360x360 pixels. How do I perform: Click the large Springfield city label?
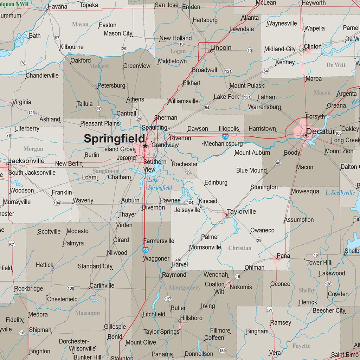pyautogui.click(x=114, y=139)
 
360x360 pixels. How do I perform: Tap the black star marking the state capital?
pyautogui.click(x=145, y=146)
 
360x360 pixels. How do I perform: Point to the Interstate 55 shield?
pyautogui.click(x=146, y=250)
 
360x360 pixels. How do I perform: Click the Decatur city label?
pyautogui.click(x=320, y=131)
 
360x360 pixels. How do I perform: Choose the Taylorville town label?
pyautogui.click(x=241, y=212)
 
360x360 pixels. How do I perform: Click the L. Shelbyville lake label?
pyautogui.click(x=340, y=192)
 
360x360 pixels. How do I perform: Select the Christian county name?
pyautogui.click(x=240, y=248)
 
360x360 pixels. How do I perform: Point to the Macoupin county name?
pyautogui.click(x=88, y=313)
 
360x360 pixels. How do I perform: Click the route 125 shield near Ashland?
pyautogui.click(x=31, y=112)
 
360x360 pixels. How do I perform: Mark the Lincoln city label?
pyautogui.click(x=221, y=47)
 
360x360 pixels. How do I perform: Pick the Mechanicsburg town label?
pyautogui.click(x=224, y=143)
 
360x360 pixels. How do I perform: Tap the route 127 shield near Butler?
pyautogui.click(x=168, y=299)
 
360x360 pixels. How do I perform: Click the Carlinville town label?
pyautogui.click(x=102, y=285)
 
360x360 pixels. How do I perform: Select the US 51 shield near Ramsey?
pyautogui.click(x=270, y=310)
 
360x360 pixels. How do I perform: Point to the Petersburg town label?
pyautogui.click(x=111, y=85)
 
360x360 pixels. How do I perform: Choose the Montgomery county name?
pyautogui.click(x=184, y=288)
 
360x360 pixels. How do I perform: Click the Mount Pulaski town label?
pyautogui.click(x=247, y=85)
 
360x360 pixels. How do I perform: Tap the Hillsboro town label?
pyautogui.click(x=191, y=318)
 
